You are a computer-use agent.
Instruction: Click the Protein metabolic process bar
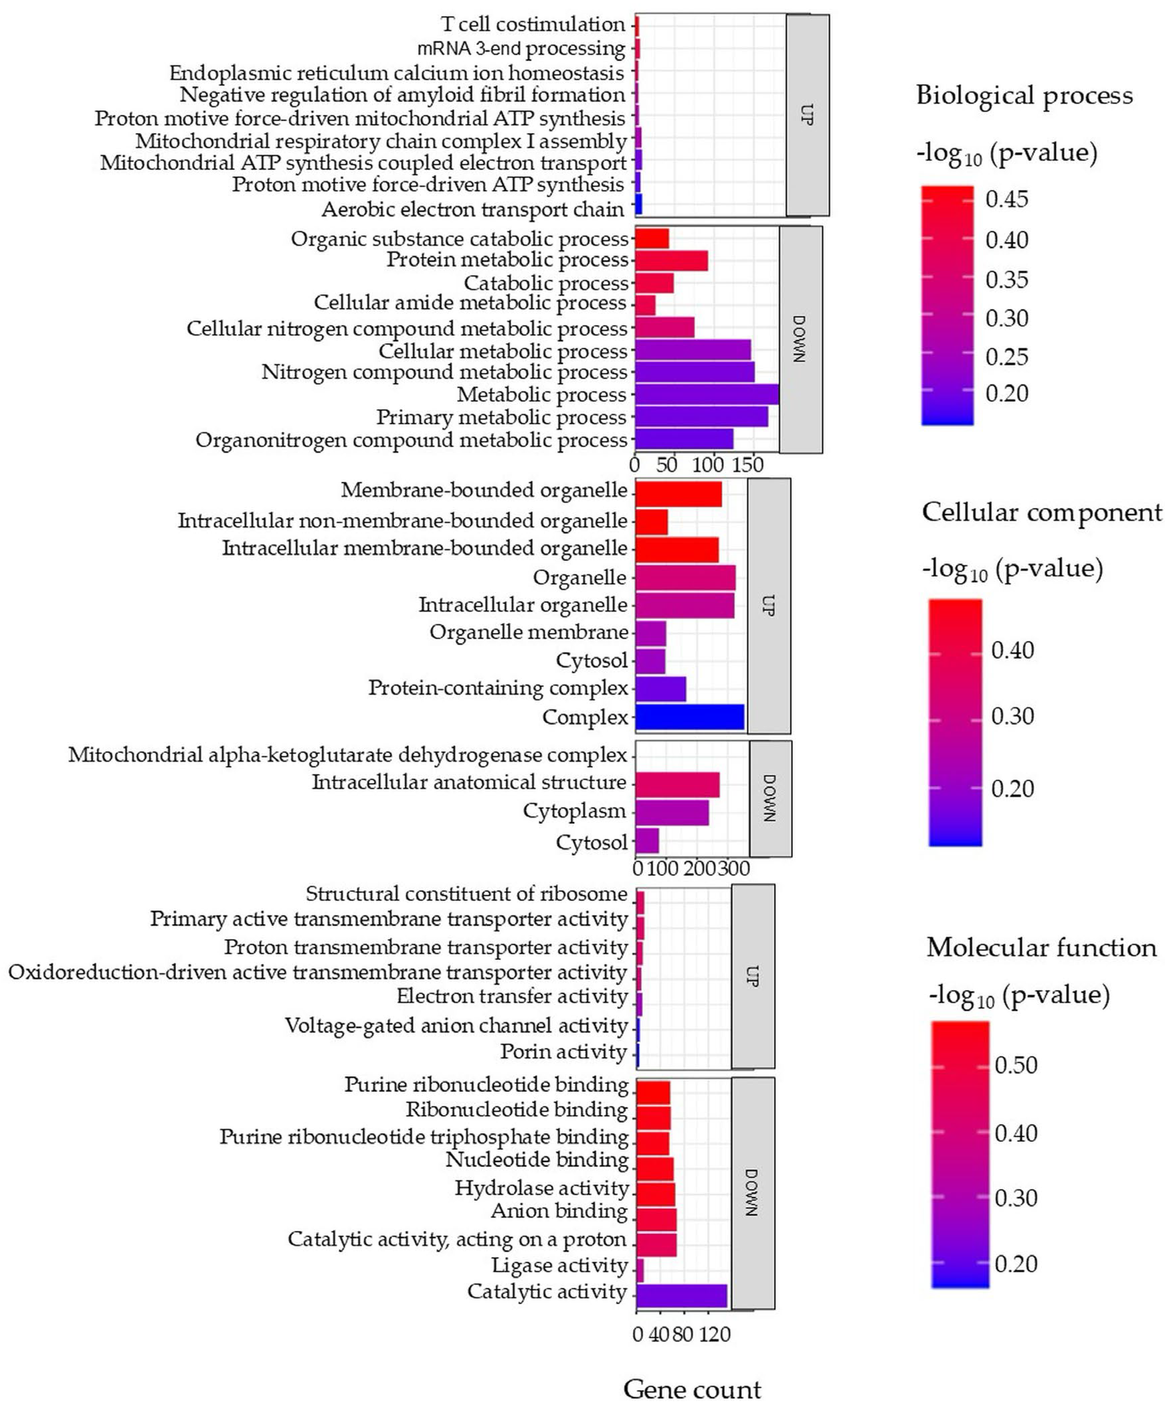click(671, 260)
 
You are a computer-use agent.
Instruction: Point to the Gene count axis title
click(692, 1389)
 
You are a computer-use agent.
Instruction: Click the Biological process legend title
click(1024, 95)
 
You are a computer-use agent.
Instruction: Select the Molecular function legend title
click(1042, 947)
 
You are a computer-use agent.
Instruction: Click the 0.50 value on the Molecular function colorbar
click(1016, 1065)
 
